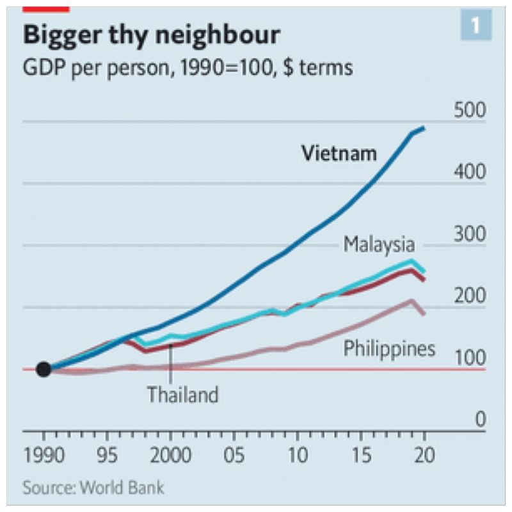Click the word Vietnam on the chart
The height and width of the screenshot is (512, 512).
(339, 154)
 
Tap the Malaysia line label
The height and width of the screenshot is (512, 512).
(379, 244)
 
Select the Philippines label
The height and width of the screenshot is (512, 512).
(389, 349)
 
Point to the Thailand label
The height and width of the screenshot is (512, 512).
(182, 394)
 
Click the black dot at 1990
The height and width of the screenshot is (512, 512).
(44, 369)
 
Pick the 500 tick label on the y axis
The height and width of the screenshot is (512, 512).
(470, 110)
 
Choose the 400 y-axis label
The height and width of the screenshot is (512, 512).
(470, 172)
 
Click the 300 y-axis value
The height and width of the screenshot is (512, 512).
(470, 234)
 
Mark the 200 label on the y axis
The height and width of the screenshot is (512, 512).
(470, 296)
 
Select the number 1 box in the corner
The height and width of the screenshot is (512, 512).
(476, 26)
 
